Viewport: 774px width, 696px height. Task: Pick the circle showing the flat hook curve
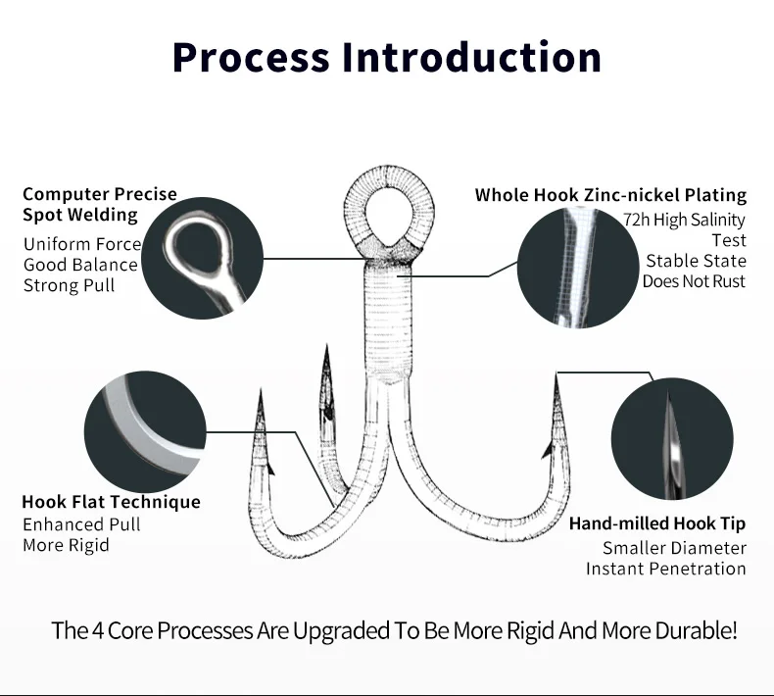(x=145, y=428)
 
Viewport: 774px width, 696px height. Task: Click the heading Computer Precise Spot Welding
(x=99, y=204)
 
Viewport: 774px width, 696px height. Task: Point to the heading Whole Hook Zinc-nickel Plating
(x=610, y=194)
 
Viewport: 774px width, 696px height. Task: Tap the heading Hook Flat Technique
(x=111, y=502)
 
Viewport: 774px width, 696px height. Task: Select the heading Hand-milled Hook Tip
(x=656, y=523)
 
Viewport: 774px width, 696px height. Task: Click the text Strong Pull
(x=69, y=285)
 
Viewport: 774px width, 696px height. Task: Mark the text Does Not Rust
(x=694, y=281)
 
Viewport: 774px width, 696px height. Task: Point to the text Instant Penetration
(x=665, y=569)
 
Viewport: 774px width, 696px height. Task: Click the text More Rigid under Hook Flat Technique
(x=66, y=545)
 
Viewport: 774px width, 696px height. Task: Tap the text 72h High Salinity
(x=684, y=220)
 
